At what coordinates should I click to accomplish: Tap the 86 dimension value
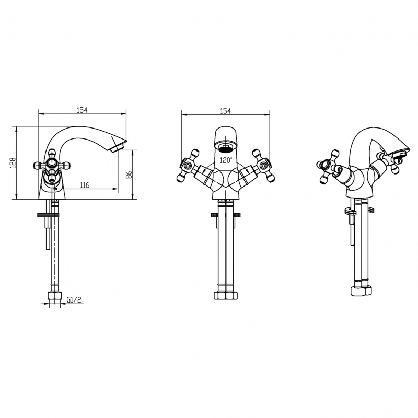tap(129, 175)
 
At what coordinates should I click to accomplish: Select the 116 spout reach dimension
tap(85, 185)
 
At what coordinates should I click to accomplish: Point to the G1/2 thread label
tap(74, 299)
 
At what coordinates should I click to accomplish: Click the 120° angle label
tap(226, 160)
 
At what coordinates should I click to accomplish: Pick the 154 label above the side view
tap(82, 110)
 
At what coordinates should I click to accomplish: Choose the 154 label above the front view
tap(226, 111)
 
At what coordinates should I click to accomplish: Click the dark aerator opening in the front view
tap(226, 147)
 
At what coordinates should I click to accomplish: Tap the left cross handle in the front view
tap(188, 166)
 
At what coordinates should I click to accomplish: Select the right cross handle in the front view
tap(263, 166)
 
